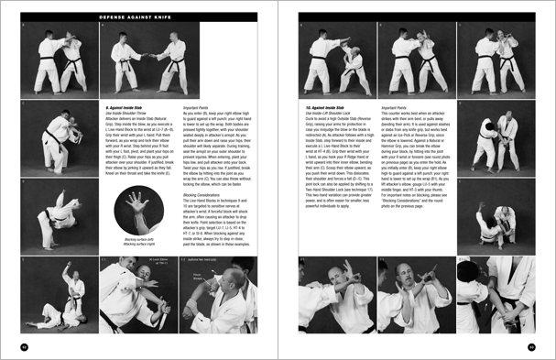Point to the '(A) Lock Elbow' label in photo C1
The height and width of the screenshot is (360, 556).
[136, 262]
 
